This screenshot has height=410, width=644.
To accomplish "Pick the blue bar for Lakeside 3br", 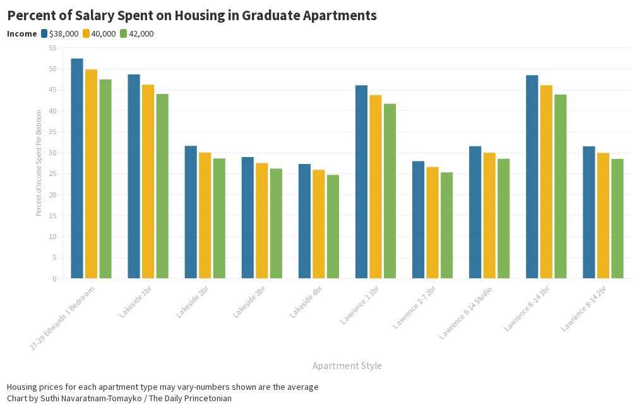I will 247,218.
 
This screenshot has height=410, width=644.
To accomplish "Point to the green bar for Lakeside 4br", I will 333,226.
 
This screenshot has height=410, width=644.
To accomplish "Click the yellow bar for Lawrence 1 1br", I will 376,187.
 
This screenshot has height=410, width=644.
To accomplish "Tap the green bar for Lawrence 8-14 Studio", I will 503,218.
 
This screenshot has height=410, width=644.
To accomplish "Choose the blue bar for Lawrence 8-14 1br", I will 532,177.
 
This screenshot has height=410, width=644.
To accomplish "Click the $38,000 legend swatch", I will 44,33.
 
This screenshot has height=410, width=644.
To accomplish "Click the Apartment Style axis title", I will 347,366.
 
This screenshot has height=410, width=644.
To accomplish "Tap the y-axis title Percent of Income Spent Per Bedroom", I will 39,163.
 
